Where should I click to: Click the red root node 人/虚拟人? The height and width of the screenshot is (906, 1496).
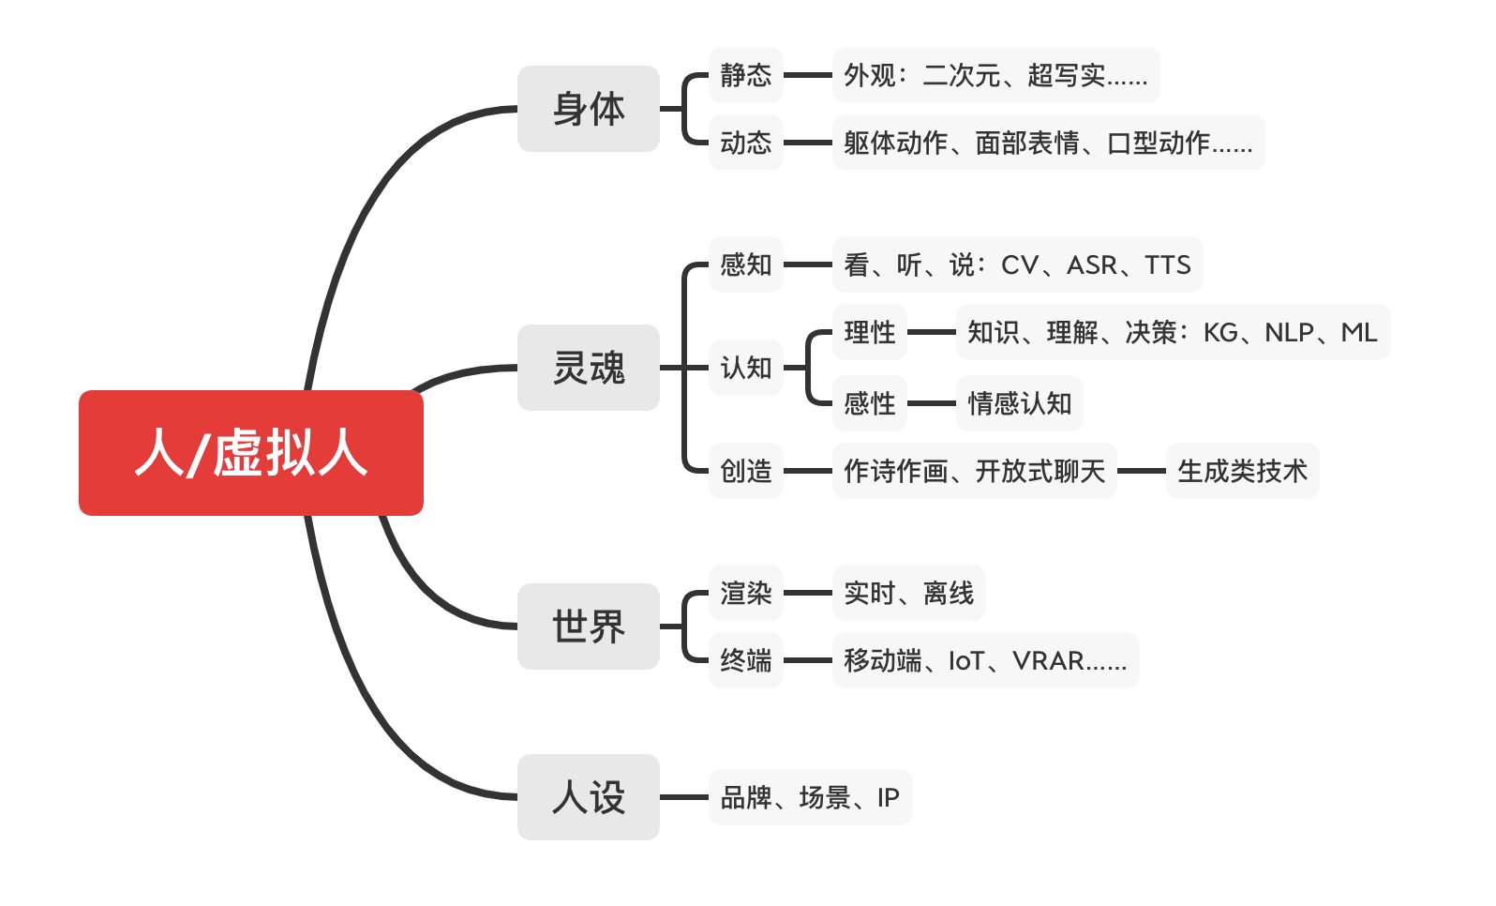[251, 453]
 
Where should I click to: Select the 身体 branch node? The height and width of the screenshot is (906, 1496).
[589, 109]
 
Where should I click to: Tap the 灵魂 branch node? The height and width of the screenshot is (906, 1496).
[589, 368]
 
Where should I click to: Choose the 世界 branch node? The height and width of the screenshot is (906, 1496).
[589, 627]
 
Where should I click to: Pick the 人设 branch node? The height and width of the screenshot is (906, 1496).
[589, 797]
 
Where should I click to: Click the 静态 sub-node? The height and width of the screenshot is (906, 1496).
[746, 75]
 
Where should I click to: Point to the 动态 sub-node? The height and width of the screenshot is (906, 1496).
[746, 143]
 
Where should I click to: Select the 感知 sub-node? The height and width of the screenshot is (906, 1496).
[746, 264]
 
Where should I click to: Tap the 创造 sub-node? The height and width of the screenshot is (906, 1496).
[746, 471]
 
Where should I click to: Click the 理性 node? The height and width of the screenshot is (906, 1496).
[870, 332]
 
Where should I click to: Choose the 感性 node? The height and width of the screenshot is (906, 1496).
[870, 403]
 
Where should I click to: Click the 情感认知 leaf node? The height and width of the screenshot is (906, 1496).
[1020, 403]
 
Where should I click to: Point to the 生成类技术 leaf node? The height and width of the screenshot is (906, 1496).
[1242, 471]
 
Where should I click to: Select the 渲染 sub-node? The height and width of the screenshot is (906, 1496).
[746, 593]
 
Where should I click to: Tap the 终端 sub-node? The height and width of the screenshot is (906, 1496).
[746, 660]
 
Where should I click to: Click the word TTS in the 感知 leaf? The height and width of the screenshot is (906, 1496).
[1168, 265]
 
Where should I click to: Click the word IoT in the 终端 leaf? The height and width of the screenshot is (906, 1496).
[966, 661]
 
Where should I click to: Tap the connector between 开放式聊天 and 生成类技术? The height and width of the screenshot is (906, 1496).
[1142, 471]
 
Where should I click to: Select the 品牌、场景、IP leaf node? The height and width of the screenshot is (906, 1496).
[810, 797]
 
